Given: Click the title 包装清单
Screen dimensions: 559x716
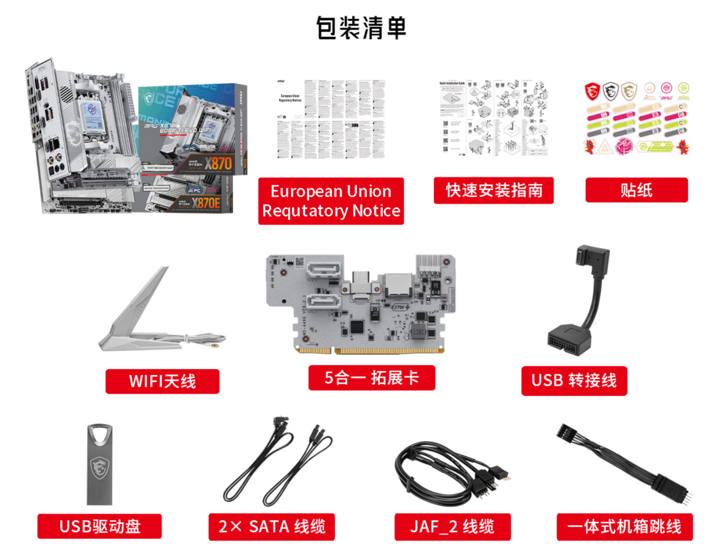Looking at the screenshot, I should pos(361,28).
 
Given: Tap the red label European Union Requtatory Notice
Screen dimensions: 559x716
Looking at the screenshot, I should pos(331,201).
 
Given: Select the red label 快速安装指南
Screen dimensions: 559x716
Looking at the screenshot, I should pos(493,190).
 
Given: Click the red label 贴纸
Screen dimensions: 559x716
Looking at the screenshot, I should pos(635,190).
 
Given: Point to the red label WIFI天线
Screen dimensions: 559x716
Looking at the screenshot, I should pos(162,381).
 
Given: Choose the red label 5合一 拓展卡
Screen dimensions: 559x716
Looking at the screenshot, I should pos(371,378).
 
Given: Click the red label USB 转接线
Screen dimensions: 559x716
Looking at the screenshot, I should pos(573,380).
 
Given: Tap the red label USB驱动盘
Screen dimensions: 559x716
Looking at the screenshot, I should pos(99,526).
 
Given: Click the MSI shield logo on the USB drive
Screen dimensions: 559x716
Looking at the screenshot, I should pos(99,466).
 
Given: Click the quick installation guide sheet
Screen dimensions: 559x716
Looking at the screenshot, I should pos(493,118).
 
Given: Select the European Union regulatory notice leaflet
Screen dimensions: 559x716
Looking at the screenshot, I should pos(331,118).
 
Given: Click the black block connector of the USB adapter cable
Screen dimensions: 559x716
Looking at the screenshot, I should pos(570,338).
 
